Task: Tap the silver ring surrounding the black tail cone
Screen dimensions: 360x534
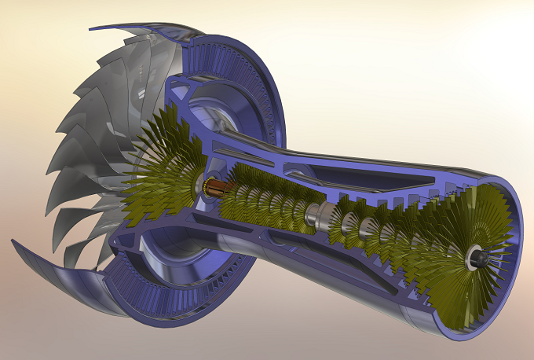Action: [471, 253]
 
